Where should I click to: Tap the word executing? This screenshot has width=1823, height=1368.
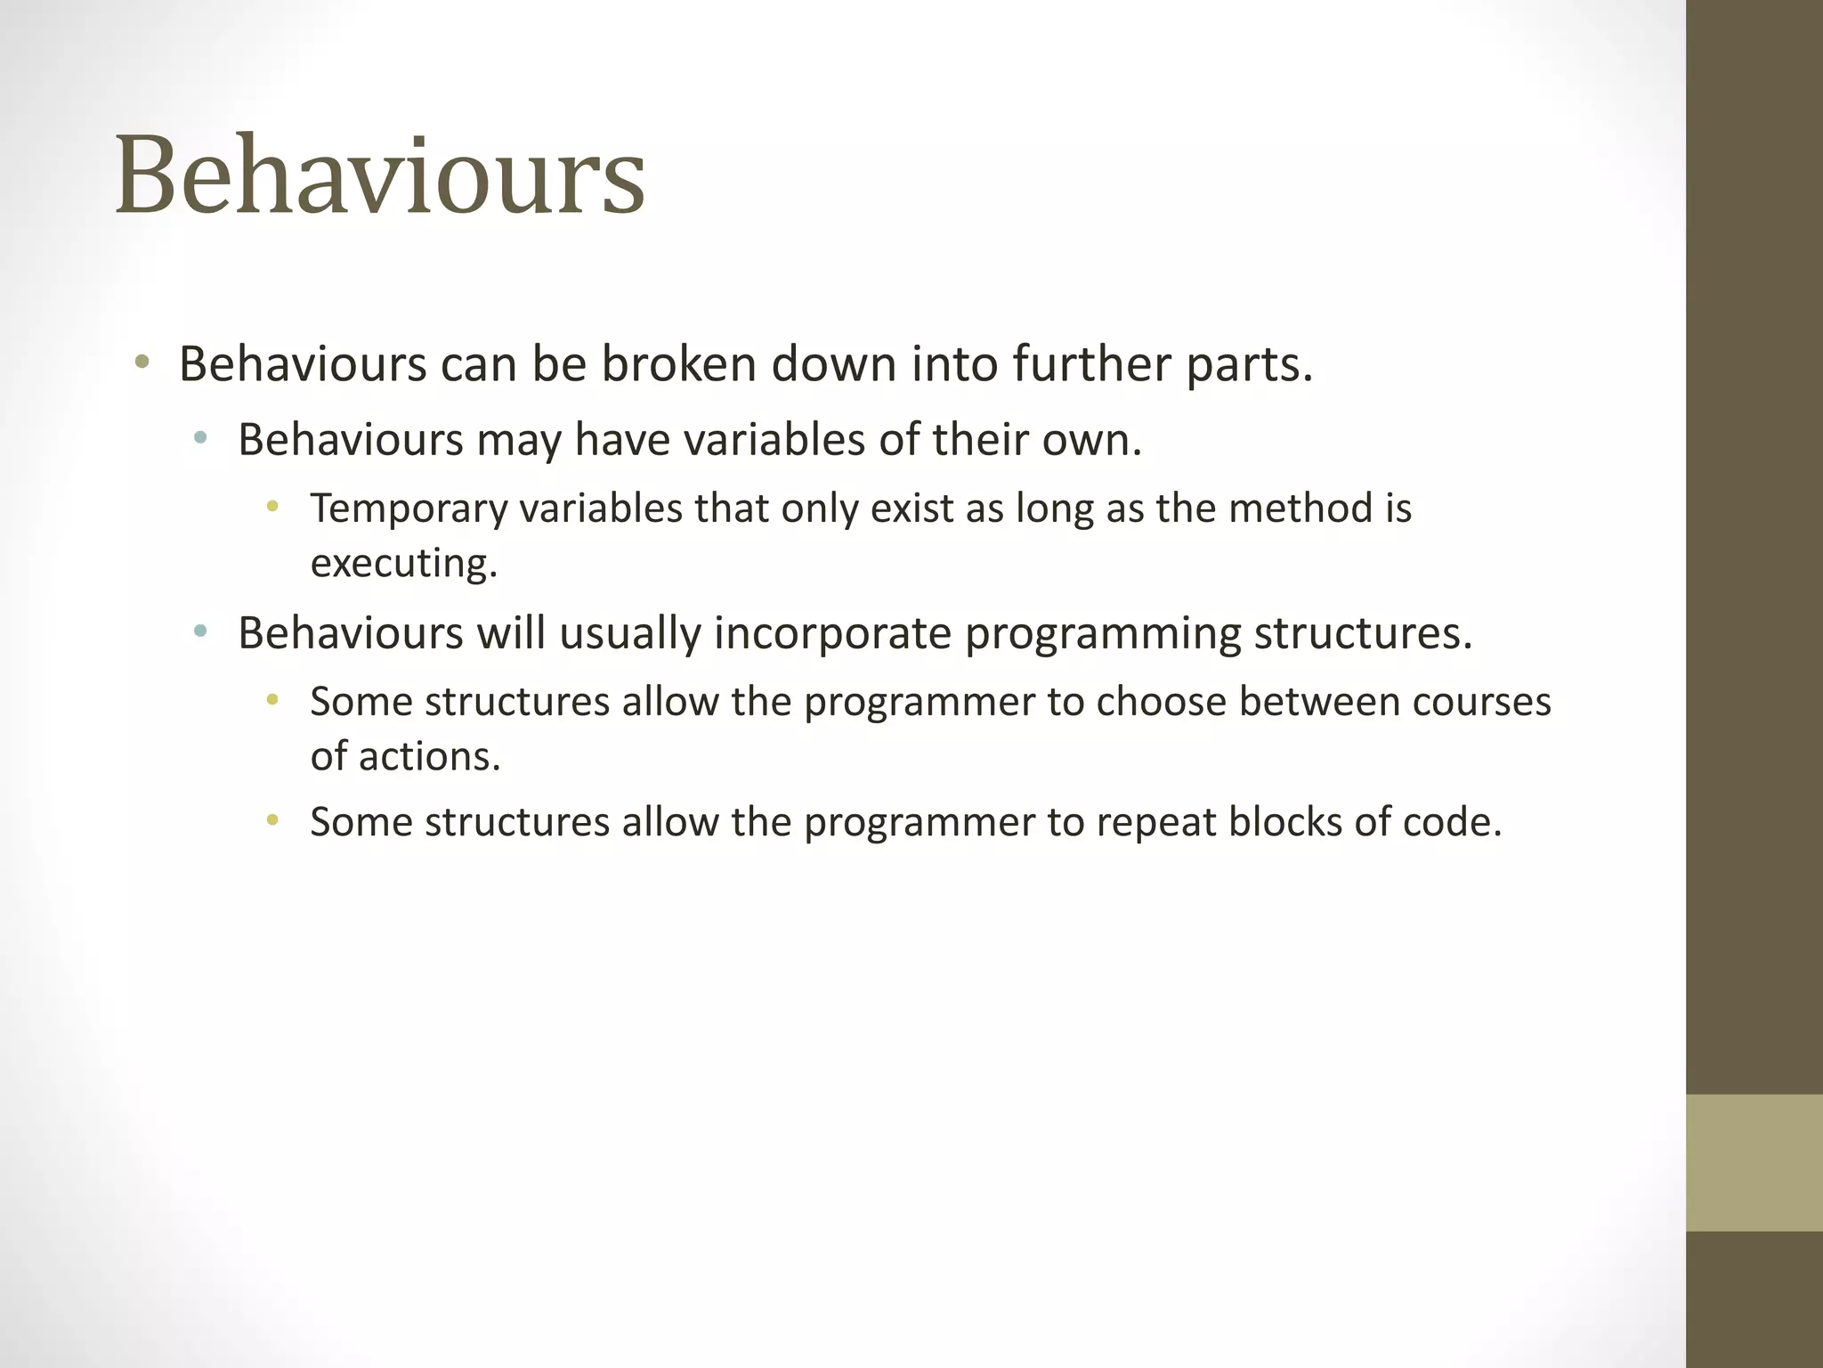pos(402,564)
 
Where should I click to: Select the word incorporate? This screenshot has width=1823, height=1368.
pos(833,633)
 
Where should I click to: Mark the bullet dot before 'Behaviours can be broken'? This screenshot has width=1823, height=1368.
pos(142,362)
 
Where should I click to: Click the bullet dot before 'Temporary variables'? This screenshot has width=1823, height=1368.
pos(272,508)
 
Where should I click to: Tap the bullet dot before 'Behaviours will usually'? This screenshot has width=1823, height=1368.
pos(200,631)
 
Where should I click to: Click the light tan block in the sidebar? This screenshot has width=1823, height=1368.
pos(1754,1163)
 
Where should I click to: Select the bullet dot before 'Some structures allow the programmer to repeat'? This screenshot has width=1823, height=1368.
pos(272,820)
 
